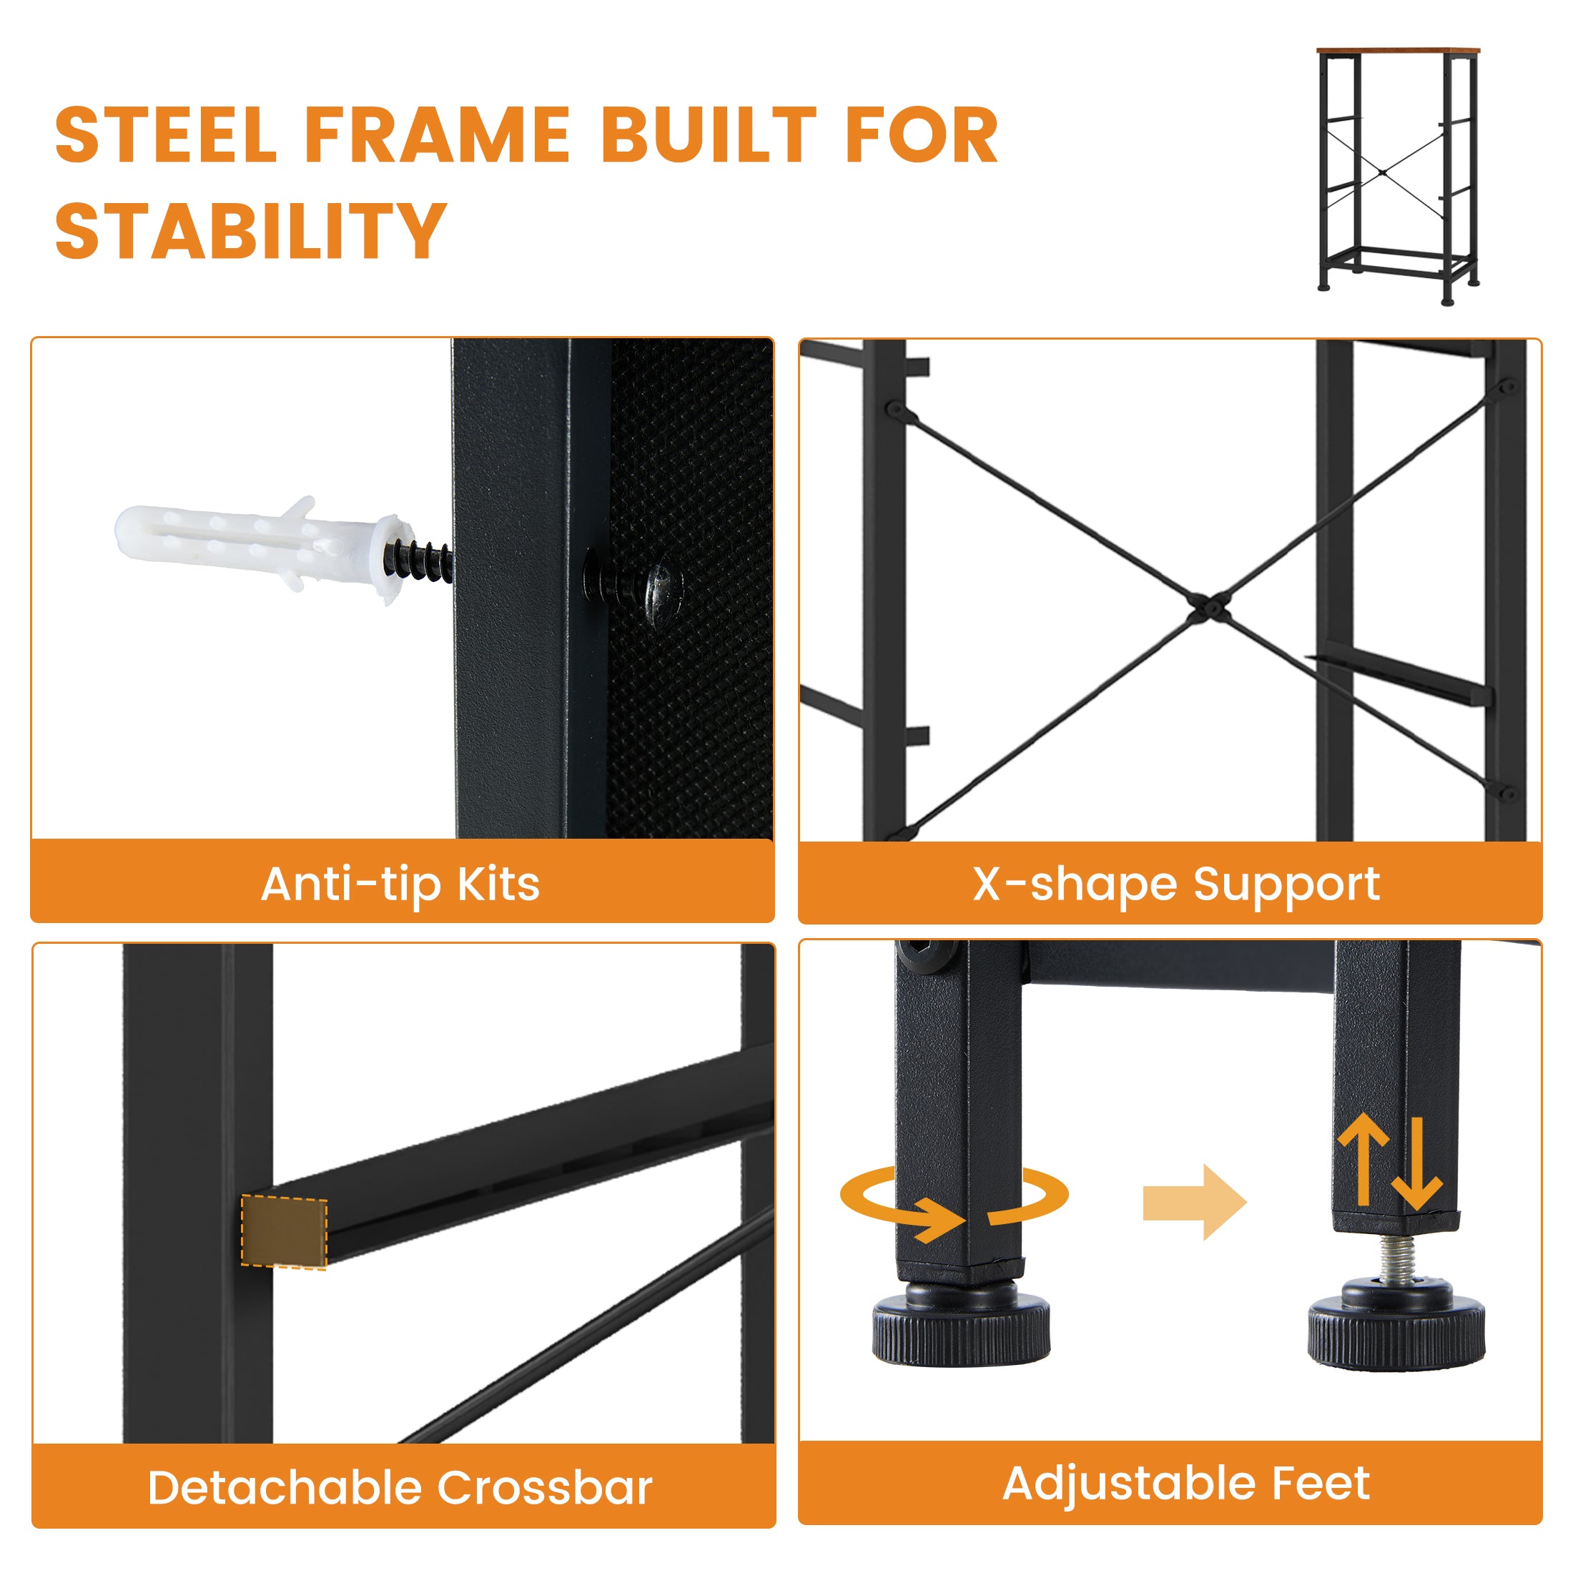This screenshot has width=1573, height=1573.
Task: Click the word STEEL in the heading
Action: coord(167,134)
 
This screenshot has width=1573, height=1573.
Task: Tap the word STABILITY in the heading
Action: coord(251,230)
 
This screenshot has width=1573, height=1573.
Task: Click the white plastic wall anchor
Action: coord(260,546)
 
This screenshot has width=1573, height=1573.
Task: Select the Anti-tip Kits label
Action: coord(400,885)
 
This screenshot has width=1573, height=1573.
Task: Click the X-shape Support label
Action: coord(1176,884)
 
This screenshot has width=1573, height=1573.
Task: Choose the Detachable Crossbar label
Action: coord(400,1489)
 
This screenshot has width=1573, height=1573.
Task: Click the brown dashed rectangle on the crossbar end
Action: coord(284,1231)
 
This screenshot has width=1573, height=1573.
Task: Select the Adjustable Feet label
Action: coord(1186,1484)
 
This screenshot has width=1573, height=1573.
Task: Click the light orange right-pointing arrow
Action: coord(1194,1202)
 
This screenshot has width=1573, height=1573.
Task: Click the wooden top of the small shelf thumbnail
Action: coord(1398,51)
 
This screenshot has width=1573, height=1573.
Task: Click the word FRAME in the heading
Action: coord(437,134)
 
